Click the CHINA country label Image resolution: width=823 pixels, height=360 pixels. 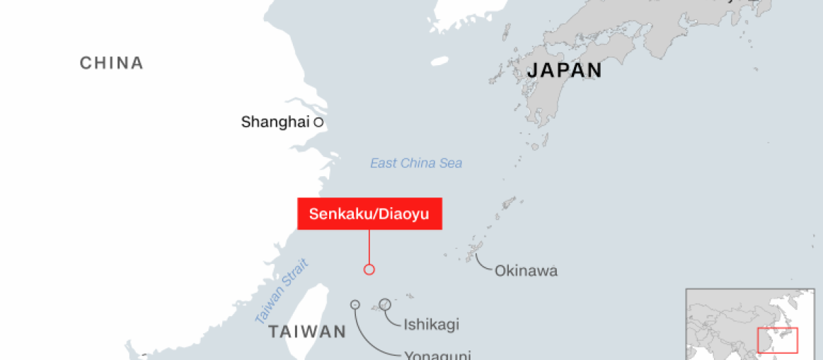112,63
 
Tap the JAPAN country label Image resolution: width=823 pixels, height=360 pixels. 564,70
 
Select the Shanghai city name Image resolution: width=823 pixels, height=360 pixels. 275,122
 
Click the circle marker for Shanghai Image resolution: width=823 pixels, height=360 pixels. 318,122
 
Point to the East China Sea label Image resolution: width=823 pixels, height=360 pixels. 416,163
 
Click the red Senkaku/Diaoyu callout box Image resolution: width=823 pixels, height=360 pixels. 369,214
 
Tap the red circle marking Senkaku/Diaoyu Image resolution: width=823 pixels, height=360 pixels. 369,269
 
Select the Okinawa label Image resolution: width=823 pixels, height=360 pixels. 526,271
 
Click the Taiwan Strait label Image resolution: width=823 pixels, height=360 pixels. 282,291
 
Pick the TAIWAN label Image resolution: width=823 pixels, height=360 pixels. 307,332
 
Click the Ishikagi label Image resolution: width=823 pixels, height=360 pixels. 431,324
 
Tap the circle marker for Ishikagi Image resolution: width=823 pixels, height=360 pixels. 385,304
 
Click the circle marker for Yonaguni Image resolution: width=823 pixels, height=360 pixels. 355,304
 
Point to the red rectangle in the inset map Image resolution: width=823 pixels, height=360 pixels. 777,341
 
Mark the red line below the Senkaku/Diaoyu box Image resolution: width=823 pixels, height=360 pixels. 369,247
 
